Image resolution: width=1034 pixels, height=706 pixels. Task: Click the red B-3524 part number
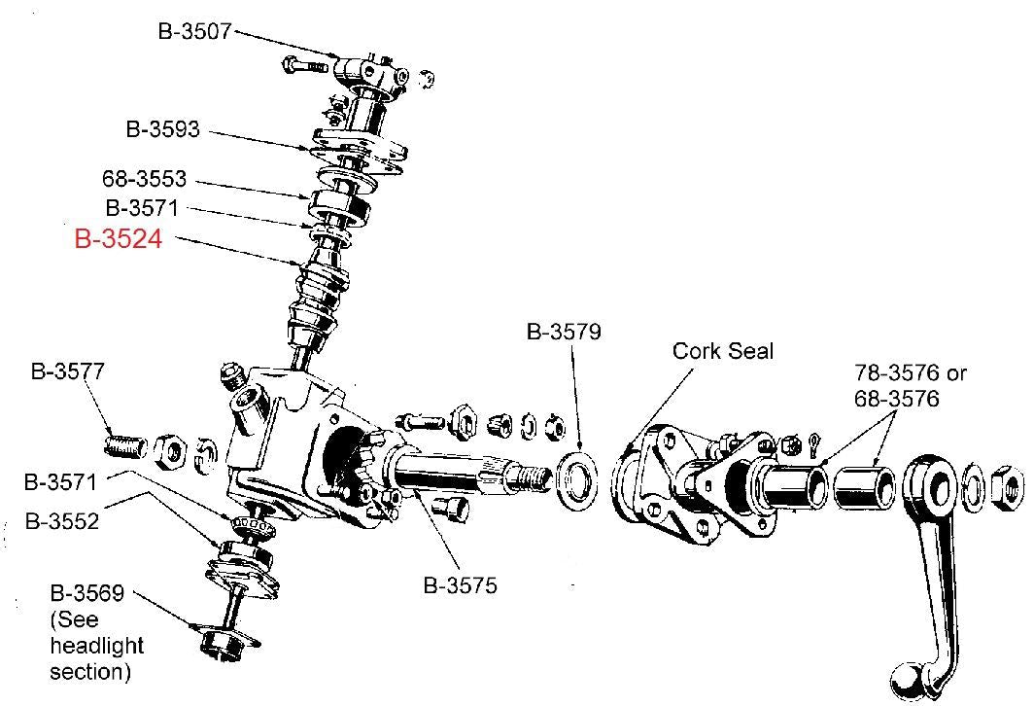click(118, 239)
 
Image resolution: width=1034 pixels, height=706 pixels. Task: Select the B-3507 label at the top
click(194, 31)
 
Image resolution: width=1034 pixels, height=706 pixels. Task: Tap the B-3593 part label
click(162, 128)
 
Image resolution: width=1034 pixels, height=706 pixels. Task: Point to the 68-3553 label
click(144, 180)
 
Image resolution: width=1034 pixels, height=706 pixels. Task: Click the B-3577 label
click(67, 371)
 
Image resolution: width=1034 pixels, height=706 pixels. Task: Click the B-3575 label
click(460, 585)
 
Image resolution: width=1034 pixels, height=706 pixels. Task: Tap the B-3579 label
click(564, 332)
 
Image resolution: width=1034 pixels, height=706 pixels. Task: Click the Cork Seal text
click(723, 350)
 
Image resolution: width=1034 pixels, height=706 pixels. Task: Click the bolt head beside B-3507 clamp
click(293, 67)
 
